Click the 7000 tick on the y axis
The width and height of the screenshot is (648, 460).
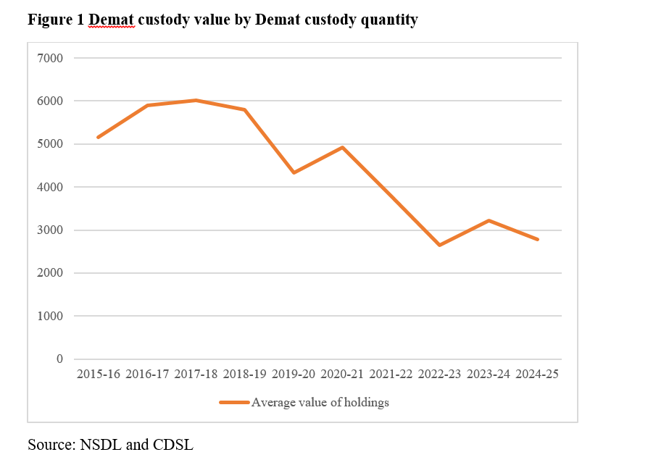tap(51, 58)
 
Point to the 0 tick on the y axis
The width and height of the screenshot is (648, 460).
tap(59, 359)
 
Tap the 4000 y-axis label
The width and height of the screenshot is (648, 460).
tap(51, 187)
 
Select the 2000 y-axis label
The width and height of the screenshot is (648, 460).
tap(51, 273)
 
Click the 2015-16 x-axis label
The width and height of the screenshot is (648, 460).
tap(99, 374)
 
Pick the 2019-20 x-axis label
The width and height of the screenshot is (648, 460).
tap(294, 374)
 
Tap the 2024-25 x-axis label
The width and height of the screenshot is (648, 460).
tap(537, 374)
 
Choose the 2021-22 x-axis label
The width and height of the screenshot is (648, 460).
tap(391, 374)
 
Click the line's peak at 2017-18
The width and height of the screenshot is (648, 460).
tap(196, 100)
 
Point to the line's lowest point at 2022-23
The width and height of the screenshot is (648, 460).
tap(439, 245)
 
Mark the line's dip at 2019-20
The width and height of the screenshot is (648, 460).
tap(294, 172)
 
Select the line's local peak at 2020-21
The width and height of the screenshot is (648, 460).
tap(342, 147)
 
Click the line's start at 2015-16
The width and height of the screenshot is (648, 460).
tap(98, 137)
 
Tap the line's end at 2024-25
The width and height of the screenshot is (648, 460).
tap(537, 239)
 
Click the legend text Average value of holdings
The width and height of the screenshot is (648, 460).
tap(320, 403)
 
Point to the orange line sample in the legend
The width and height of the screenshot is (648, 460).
tap(234, 403)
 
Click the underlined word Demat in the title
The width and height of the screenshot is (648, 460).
tap(112, 20)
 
